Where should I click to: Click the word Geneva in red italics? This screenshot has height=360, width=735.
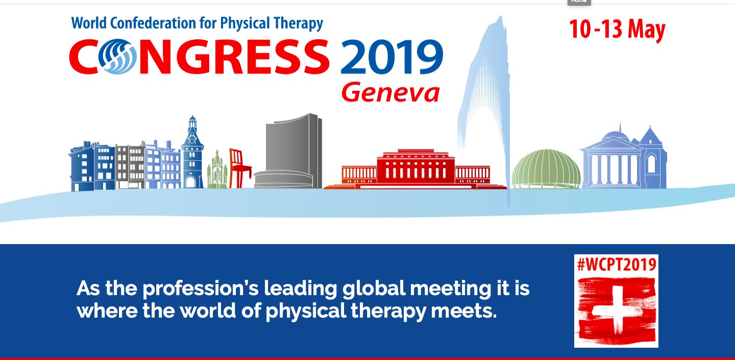tap(390, 93)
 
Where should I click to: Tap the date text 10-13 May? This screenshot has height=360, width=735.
tap(617, 30)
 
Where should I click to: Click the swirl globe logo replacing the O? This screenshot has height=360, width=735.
tap(117, 57)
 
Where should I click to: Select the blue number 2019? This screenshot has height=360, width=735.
tap(392, 57)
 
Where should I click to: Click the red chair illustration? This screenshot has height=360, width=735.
tap(239, 168)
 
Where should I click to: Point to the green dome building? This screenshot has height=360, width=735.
tap(546, 169)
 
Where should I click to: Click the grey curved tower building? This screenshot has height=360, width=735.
tap(289, 151)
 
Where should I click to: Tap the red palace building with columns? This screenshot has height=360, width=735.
tap(415, 170)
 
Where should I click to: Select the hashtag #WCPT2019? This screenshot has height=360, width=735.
tap(617, 265)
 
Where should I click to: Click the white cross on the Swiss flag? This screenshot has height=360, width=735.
tap(617, 310)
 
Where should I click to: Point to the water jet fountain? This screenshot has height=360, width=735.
tap(485, 108)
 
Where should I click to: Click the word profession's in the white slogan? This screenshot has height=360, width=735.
tap(201, 289)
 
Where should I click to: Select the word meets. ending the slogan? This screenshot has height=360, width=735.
tap(463, 310)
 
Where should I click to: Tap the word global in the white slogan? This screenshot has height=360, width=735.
tap(374, 289)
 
